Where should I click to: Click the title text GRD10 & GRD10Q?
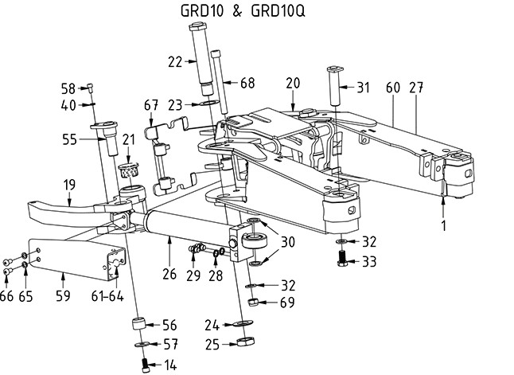click(x=243, y=11)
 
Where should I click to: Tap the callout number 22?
click(x=175, y=61)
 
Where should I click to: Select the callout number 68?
click(x=247, y=83)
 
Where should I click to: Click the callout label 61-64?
click(x=107, y=296)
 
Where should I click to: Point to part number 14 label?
click(x=170, y=365)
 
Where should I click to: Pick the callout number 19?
click(x=69, y=185)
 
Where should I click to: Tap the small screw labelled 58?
click(x=90, y=88)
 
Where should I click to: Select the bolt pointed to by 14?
click(x=146, y=365)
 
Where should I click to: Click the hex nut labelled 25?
click(x=246, y=342)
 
